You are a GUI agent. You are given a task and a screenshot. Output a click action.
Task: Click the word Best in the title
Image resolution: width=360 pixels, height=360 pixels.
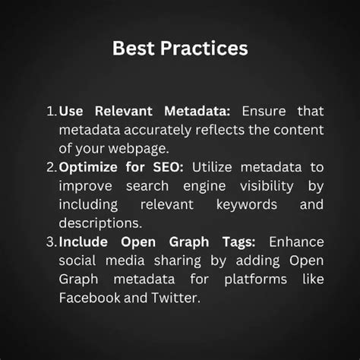[133, 49]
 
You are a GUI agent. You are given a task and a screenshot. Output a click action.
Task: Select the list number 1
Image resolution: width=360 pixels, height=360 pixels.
[51, 112]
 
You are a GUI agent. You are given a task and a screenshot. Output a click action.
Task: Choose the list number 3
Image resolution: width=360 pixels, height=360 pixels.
[51, 242]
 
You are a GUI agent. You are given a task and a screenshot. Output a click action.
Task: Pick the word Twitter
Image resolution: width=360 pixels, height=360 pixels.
[175, 298]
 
